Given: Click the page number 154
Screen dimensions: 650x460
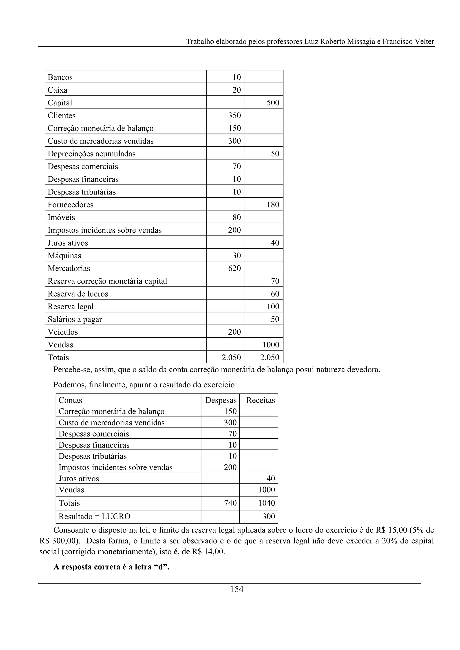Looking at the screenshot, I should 236,589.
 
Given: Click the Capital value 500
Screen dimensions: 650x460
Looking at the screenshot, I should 273,103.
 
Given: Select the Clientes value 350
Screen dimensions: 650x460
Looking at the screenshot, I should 234,115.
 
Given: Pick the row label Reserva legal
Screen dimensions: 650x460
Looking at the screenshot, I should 70,306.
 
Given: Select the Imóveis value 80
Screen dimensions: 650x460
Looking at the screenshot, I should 236,217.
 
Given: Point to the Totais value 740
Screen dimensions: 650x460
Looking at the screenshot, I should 230,503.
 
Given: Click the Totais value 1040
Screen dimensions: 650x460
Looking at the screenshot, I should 266,503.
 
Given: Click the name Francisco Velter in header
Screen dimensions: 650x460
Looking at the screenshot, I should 408,42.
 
